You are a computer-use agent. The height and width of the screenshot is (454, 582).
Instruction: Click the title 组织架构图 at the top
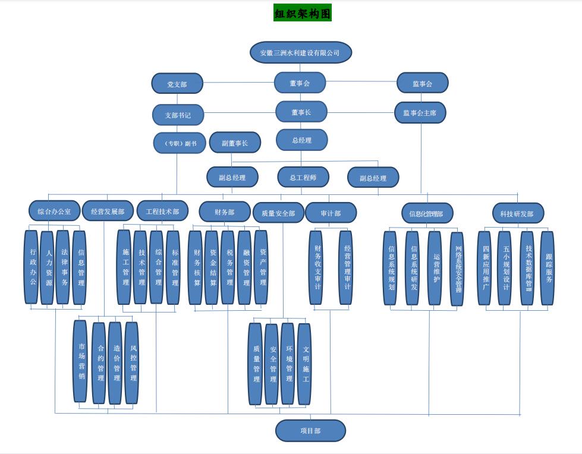coord(302,13)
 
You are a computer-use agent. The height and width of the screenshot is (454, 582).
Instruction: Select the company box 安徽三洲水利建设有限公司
coord(300,52)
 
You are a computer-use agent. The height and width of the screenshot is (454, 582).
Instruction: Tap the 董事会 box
coord(300,83)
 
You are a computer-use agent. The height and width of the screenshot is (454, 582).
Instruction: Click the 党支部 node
coord(177,84)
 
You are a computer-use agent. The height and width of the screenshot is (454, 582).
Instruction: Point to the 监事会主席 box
coord(420,112)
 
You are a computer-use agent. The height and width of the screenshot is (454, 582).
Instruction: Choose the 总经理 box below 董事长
coord(301,140)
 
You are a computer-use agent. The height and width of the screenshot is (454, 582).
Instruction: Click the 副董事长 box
coord(235,143)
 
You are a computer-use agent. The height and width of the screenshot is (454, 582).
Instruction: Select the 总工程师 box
coord(303,177)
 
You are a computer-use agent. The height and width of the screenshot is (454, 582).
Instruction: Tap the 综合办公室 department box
coord(54,211)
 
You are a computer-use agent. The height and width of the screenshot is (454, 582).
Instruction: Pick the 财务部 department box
coord(224,212)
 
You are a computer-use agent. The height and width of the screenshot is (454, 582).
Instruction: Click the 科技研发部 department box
coord(517,213)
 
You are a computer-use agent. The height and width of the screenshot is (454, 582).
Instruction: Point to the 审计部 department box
coord(331,213)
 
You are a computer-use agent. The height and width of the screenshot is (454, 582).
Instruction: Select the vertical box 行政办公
coord(32,267)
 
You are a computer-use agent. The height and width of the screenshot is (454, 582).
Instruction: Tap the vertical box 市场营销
coord(80,361)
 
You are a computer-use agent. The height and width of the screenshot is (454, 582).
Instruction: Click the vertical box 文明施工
coord(304,364)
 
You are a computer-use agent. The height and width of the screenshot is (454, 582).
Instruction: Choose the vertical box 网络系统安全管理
coord(457,269)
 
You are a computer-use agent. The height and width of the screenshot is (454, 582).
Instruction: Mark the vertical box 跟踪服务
coord(548,268)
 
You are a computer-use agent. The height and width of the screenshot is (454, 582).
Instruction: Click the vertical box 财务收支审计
coord(316,267)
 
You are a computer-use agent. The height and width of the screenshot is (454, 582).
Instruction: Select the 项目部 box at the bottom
coord(310,431)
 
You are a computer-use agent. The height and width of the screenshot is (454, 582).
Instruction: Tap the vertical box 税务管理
coord(228,267)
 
